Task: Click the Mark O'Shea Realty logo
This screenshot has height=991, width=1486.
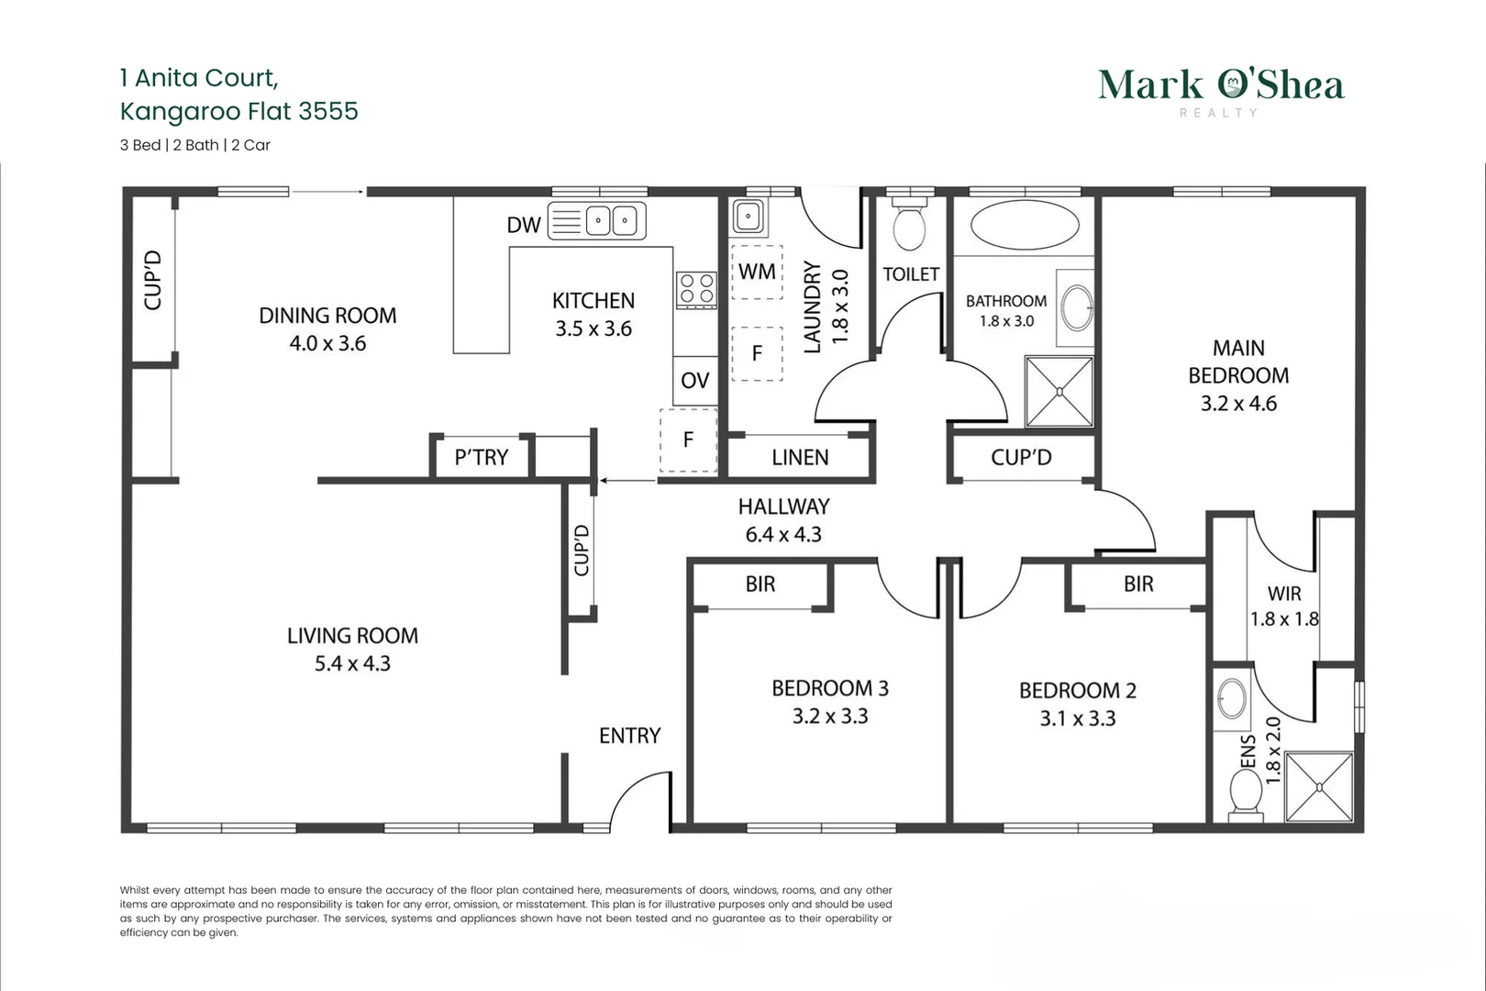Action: point(1221,91)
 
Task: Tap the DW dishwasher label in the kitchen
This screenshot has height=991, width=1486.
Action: point(524,225)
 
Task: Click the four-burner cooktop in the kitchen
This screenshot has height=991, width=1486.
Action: point(696,289)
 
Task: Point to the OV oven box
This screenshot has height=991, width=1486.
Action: point(694,380)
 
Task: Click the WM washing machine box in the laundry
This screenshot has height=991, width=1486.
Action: point(757,272)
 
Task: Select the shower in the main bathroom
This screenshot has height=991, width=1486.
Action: point(1059,392)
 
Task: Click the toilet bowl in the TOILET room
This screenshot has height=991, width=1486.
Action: point(909,228)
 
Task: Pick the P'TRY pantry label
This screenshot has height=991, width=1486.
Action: point(481,457)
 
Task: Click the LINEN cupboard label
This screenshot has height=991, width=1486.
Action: point(800,457)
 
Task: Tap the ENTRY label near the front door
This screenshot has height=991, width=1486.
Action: point(629,735)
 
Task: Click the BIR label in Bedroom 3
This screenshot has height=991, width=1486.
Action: point(760,584)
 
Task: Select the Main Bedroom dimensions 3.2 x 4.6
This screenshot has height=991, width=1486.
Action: point(1238,403)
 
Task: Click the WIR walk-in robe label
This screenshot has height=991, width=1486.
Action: point(1284,594)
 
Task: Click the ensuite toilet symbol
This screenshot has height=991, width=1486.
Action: point(1246,792)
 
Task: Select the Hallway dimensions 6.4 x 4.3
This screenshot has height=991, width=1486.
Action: point(783,534)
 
